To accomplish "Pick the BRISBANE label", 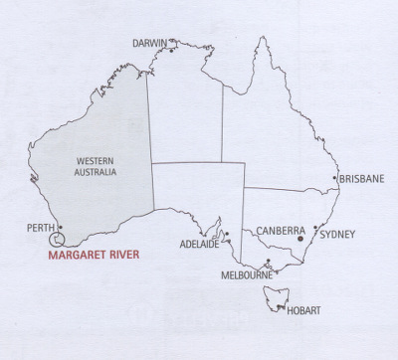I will [x=362, y=180].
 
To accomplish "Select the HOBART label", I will [x=302, y=310].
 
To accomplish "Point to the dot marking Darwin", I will [x=171, y=52].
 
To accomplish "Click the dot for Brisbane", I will [x=334, y=180].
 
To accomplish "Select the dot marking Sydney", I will [x=315, y=228].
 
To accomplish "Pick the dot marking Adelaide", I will [x=227, y=236].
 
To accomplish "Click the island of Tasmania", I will [x=275, y=295].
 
